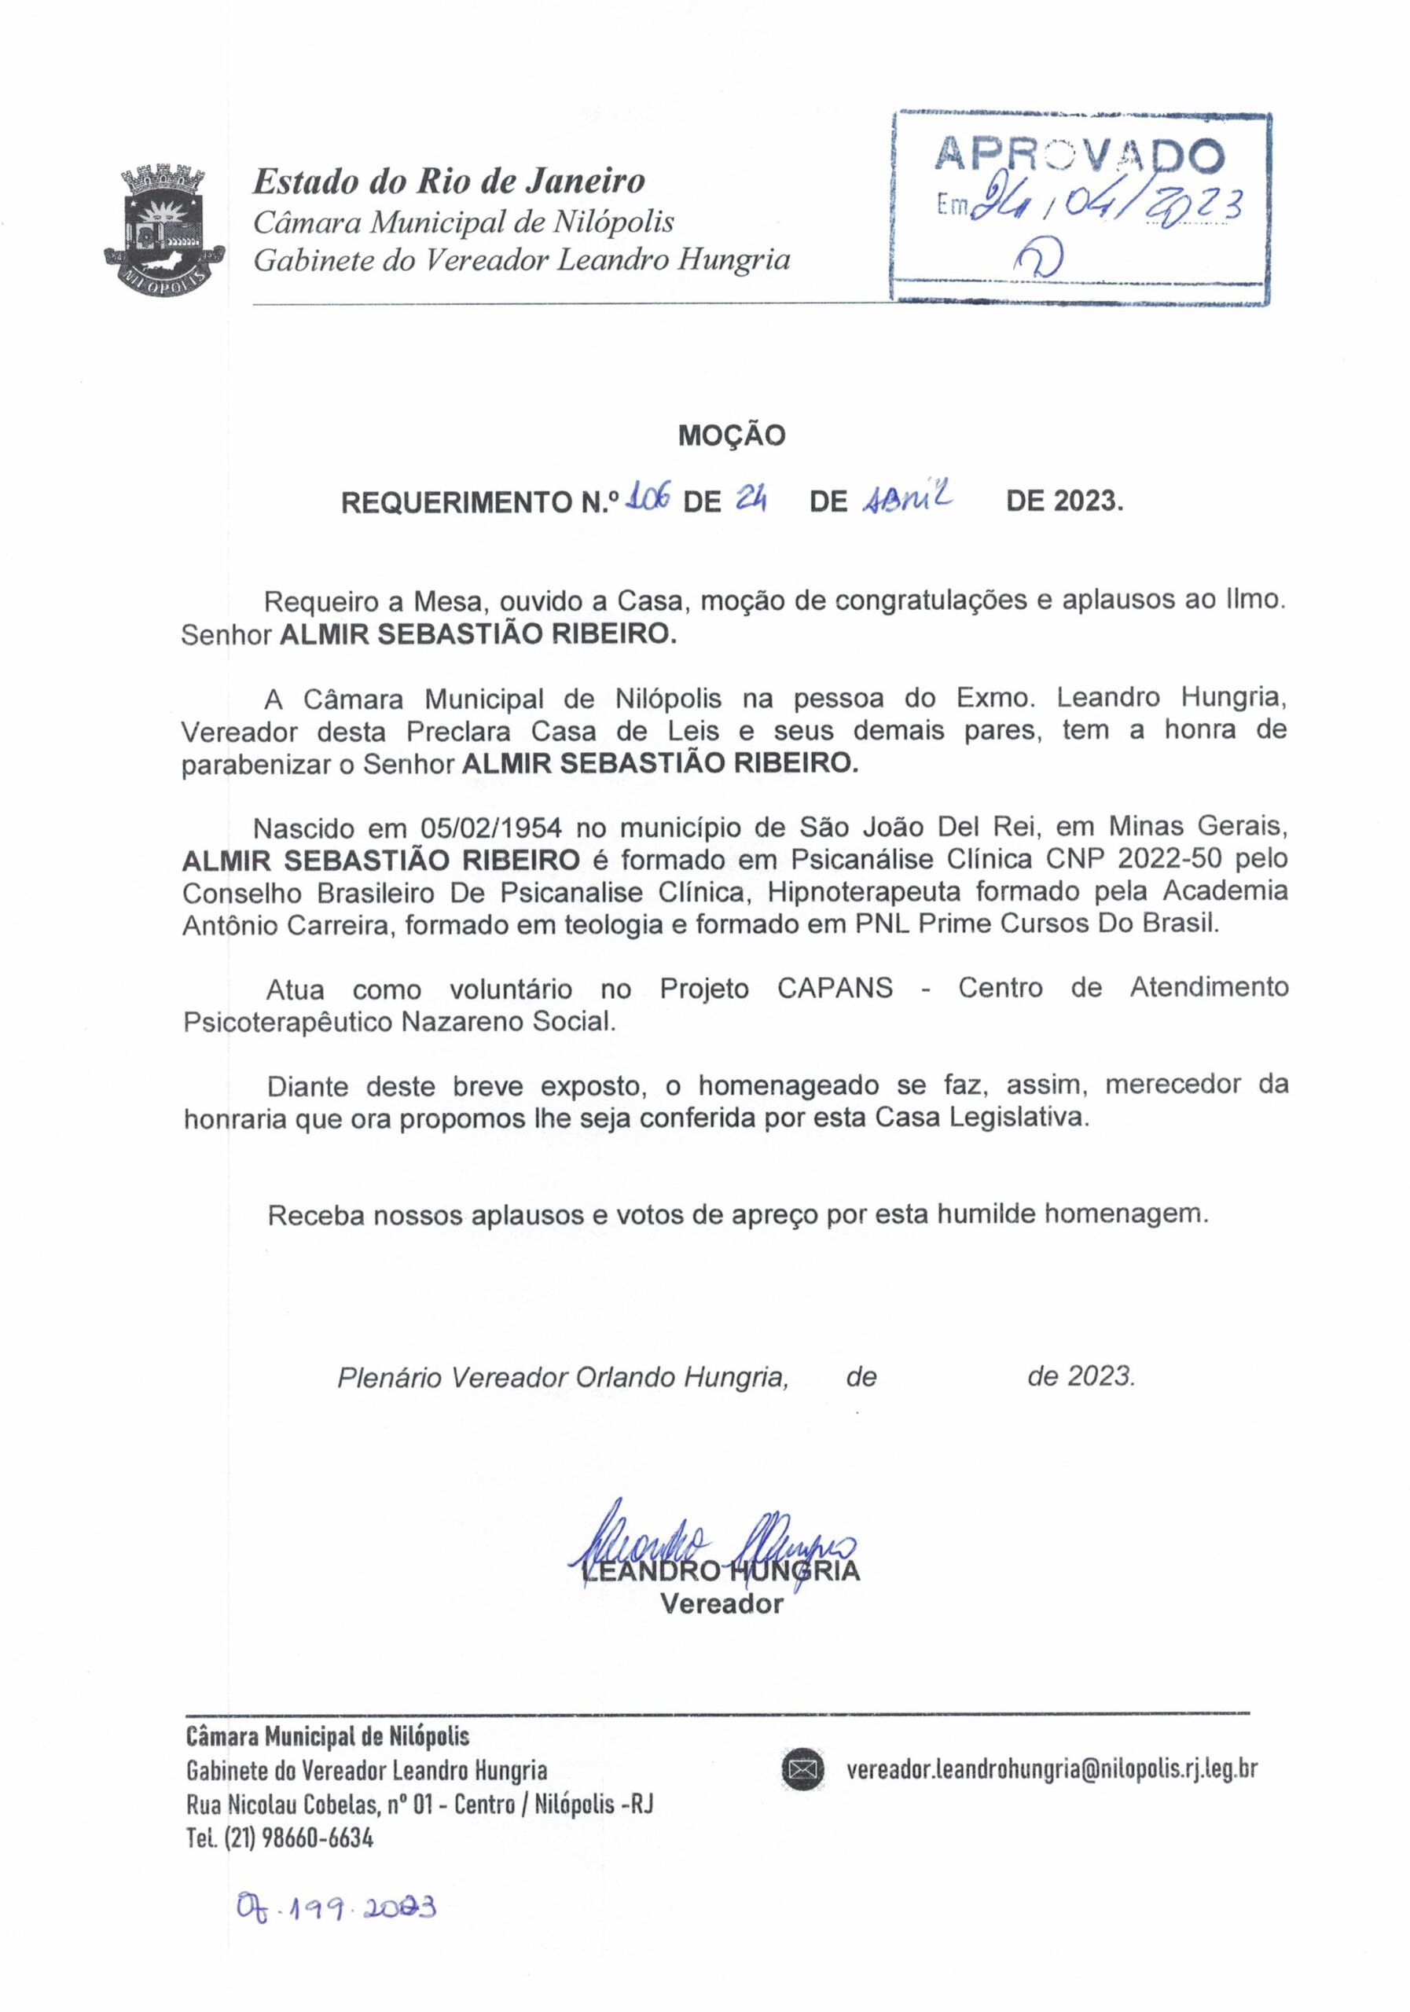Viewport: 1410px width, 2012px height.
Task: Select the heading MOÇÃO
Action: tap(732, 435)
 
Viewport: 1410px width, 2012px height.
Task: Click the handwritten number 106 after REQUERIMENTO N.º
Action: tap(649, 500)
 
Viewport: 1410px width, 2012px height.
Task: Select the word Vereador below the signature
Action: tap(721, 1605)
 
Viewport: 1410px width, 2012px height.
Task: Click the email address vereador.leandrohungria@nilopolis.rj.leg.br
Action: tap(1052, 1769)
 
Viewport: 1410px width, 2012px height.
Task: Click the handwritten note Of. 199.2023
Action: tap(336, 1907)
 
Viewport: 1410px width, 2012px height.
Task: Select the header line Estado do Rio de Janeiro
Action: tap(449, 182)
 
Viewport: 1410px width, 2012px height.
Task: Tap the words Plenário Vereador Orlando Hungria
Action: tap(563, 1378)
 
